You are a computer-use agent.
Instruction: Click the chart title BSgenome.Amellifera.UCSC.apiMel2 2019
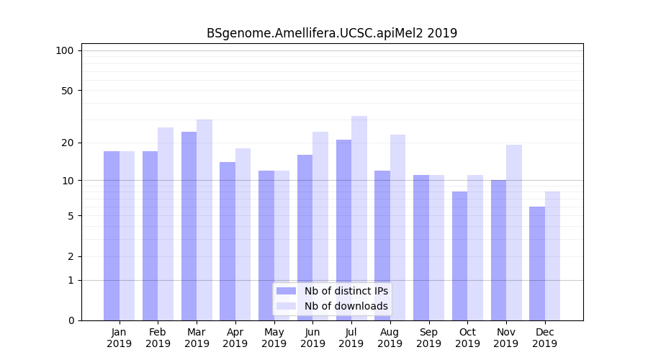[x=332, y=33]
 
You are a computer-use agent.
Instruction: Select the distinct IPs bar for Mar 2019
[x=189, y=226]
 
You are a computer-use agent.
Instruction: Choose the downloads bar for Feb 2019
[x=166, y=224]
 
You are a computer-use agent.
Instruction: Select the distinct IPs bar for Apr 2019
[x=228, y=241]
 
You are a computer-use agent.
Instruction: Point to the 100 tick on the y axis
[x=65, y=50]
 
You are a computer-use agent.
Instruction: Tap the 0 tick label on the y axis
[x=71, y=320]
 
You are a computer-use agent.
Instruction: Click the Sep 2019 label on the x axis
[x=429, y=338]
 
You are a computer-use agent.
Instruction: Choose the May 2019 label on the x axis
[x=274, y=338]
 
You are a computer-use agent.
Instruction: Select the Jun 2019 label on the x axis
[x=312, y=338]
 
